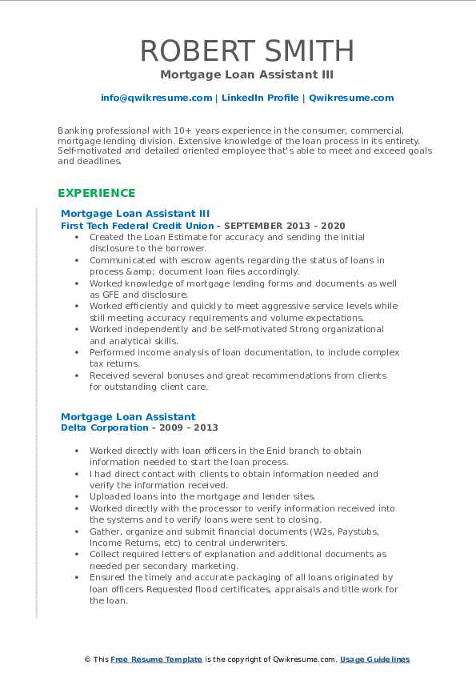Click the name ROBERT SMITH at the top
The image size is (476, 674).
click(246, 51)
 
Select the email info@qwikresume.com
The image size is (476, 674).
click(156, 98)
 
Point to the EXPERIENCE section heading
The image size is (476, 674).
click(96, 193)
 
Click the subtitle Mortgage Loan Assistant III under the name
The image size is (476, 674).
click(246, 74)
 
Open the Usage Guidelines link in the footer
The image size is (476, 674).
click(374, 660)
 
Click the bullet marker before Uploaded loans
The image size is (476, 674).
click(76, 496)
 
